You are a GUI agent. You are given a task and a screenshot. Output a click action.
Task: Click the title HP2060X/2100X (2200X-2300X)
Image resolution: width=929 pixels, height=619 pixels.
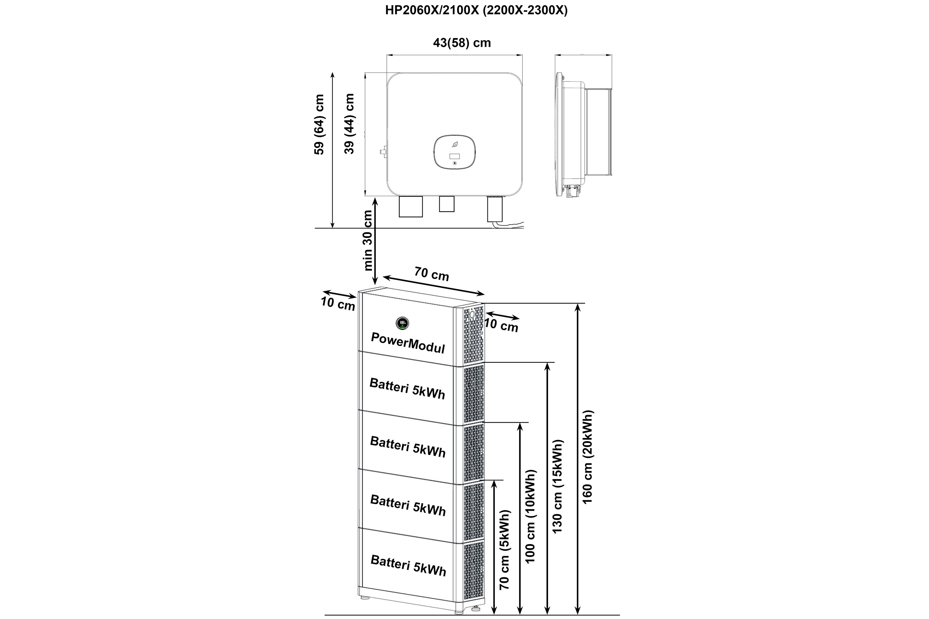tap(476, 11)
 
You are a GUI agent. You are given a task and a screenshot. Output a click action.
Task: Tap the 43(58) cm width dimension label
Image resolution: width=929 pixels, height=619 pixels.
tap(462, 43)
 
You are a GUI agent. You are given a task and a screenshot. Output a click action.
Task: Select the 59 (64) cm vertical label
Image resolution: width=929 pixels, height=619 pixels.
tap(319, 124)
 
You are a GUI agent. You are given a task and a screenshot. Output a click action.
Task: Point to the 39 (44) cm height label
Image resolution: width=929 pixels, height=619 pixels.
tap(349, 123)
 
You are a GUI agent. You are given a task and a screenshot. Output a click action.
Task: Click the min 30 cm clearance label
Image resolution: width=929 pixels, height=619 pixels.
tap(368, 240)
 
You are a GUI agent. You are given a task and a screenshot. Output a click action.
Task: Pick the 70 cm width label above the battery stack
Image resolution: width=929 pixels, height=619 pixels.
tap(432, 274)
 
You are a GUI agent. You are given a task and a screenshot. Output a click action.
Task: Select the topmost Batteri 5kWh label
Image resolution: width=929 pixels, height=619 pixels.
tap(407, 388)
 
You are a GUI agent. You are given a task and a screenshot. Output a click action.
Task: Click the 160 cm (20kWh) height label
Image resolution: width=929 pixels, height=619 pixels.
tap(588, 457)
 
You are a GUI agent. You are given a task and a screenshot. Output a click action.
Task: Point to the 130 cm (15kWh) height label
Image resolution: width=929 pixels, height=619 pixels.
tap(557, 486)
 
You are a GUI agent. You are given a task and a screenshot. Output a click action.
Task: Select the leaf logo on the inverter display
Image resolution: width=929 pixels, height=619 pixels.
tap(455, 145)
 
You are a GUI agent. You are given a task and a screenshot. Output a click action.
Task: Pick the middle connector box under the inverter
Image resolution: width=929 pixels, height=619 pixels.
tap(447, 204)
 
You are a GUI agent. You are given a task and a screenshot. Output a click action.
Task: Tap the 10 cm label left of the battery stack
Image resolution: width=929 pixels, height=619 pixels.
tap(338, 303)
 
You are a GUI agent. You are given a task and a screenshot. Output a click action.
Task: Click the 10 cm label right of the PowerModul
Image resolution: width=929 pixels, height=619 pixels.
tap(501, 325)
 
